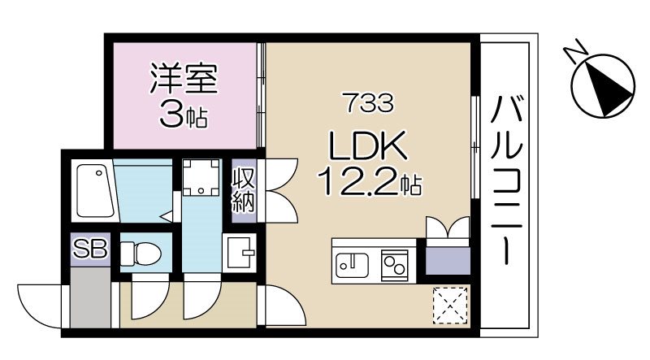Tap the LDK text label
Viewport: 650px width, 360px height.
click(366, 147)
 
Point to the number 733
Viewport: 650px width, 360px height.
click(367, 102)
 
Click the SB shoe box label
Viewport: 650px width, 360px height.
click(91, 249)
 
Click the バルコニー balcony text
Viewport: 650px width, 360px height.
click(506, 180)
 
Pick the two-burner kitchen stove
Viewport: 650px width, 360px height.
click(395, 265)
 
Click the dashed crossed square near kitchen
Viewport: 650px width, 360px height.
click(447, 305)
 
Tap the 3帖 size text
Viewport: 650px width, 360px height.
click(184, 115)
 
